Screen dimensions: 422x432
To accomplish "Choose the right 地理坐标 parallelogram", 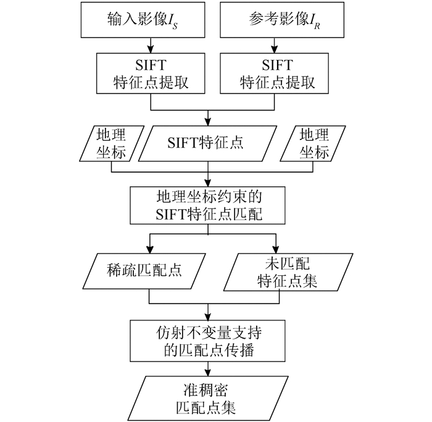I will tap(313, 144).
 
